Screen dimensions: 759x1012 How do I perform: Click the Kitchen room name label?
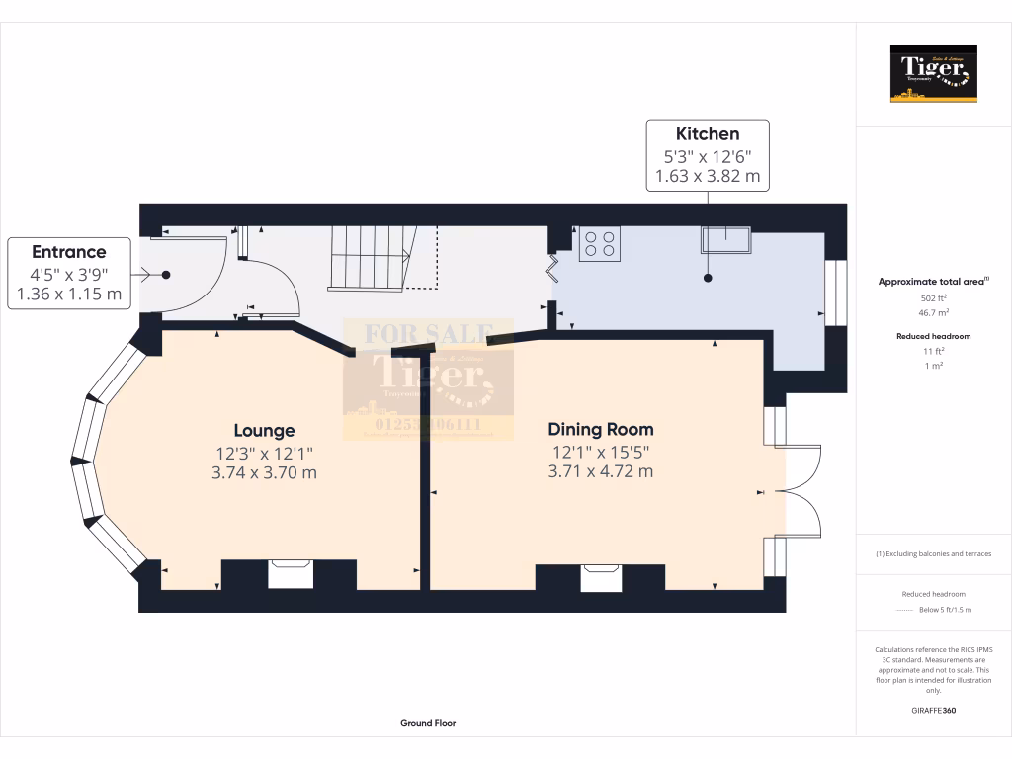tap(707, 133)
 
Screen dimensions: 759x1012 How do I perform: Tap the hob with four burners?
tap(600, 244)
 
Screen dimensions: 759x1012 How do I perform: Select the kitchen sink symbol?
tap(725, 238)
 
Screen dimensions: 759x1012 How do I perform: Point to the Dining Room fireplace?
tap(601, 577)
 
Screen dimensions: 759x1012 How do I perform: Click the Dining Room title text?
tap(601, 430)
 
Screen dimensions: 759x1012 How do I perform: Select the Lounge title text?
tap(264, 431)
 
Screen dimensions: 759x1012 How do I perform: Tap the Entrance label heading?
tap(68, 252)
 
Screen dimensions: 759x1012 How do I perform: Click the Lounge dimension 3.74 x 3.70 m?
tap(264, 472)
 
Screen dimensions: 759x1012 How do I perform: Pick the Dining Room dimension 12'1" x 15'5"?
tap(601, 452)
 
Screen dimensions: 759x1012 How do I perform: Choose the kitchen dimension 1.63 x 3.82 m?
tap(707, 176)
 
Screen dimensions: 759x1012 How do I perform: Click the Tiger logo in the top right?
tap(933, 74)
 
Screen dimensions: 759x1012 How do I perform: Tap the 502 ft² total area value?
tap(933, 297)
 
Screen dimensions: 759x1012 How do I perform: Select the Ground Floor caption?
tap(428, 723)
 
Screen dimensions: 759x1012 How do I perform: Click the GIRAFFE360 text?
tap(933, 710)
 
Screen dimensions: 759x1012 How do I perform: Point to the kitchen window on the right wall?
tap(836, 294)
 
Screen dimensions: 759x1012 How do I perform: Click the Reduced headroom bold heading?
tap(933, 336)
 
